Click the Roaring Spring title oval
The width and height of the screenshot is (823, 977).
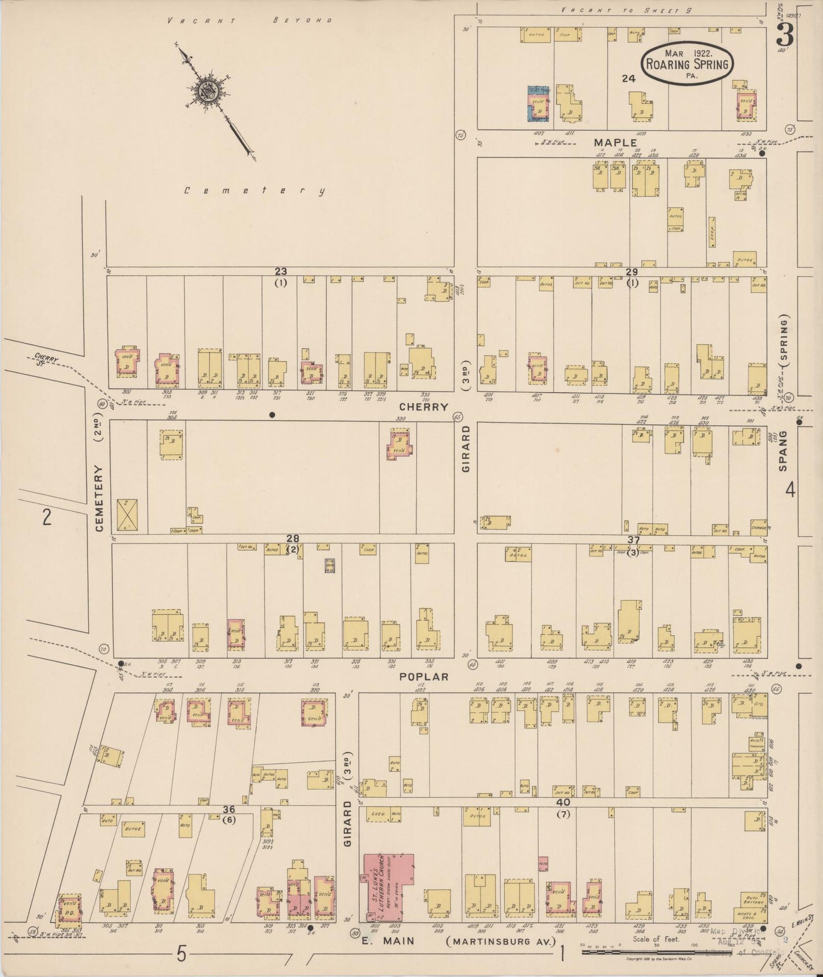click(x=687, y=63)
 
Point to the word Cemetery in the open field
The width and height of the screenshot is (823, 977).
click(x=255, y=191)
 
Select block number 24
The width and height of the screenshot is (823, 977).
click(x=628, y=79)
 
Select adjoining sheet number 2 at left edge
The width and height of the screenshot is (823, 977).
click(x=47, y=516)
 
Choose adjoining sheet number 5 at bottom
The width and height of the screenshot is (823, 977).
click(x=181, y=954)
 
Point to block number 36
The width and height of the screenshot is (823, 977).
click(x=228, y=809)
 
